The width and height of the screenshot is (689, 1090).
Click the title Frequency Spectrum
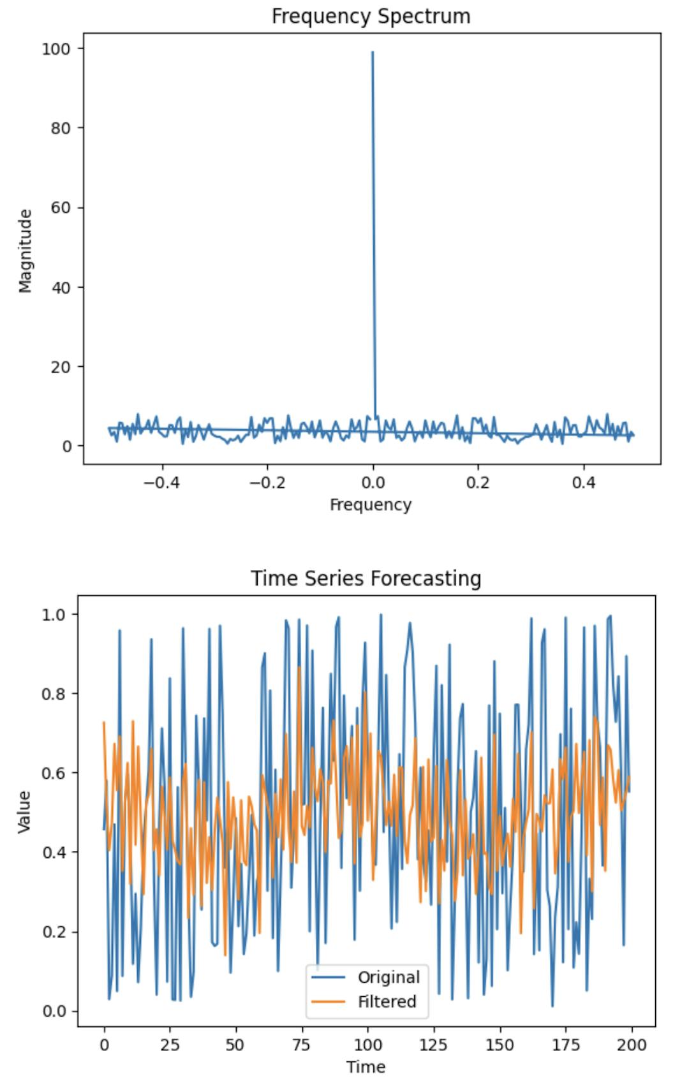[x=371, y=16]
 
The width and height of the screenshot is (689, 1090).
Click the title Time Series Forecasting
[x=366, y=578]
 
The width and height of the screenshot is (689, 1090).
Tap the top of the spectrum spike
[x=373, y=53]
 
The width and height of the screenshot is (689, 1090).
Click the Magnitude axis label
[x=26, y=251]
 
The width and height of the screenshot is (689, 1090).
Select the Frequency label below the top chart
[x=371, y=504]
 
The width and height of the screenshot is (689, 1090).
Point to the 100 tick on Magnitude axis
[x=56, y=48]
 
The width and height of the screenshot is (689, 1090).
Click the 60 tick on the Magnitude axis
[x=61, y=207]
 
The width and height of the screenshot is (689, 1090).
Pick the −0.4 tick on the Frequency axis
[x=161, y=482]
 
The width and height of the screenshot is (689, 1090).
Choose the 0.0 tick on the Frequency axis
[x=373, y=482]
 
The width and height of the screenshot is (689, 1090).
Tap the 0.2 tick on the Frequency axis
[x=478, y=482]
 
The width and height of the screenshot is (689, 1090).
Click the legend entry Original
[x=388, y=977]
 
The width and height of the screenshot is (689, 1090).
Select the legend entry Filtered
[x=387, y=1001]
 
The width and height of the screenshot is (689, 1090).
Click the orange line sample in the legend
[x=328, y=1001]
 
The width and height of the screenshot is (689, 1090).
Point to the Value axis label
[x=24, y=811]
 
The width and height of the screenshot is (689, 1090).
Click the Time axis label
[x=366, y=1067]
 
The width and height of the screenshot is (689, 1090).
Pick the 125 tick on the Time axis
[x=434, y=1045]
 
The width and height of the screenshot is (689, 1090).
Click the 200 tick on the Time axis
[x=632, y=1045]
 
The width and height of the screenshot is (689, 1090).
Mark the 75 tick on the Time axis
[x=301, y=1045]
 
